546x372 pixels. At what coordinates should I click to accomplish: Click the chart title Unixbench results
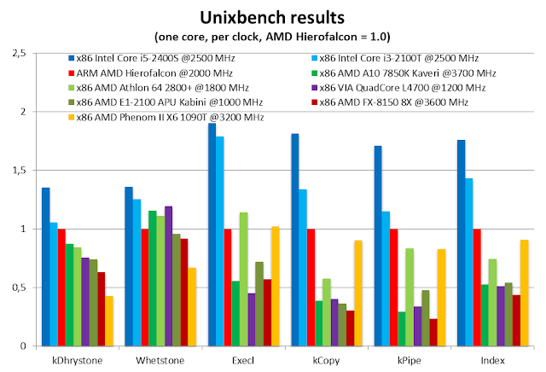coord(272,17)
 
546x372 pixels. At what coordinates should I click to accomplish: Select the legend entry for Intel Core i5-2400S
coord(152,58)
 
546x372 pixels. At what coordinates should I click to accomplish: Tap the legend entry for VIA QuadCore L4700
coord(398,87)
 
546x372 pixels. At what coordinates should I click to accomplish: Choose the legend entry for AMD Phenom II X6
coord(166,117)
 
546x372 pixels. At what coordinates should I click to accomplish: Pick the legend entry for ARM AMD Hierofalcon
coord(150,73)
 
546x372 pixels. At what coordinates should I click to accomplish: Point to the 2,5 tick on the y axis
coord(19,53)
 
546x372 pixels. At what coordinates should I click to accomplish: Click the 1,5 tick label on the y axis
coord(19,171)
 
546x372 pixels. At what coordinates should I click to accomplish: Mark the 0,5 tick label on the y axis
coord(19,288)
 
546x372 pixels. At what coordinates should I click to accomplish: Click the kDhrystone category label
coord(78,360)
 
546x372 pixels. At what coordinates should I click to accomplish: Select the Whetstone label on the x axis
coord(160,360)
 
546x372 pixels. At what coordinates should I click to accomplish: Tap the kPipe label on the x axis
coord(409,360)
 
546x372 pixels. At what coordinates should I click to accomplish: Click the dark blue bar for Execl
coord(212,235)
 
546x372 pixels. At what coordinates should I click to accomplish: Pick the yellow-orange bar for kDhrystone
coord(109,321)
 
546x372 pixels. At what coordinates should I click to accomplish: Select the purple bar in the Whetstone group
coord(169,276)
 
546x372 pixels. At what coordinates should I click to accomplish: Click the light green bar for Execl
coord(244,279)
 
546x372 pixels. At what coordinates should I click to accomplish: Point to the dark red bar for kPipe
coord(433,333)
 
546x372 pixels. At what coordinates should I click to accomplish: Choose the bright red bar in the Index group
coord(477,288)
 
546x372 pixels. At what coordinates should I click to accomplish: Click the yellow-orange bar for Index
coord(525,293)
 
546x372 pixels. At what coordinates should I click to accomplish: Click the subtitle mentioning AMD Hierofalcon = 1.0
coord(272,37)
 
